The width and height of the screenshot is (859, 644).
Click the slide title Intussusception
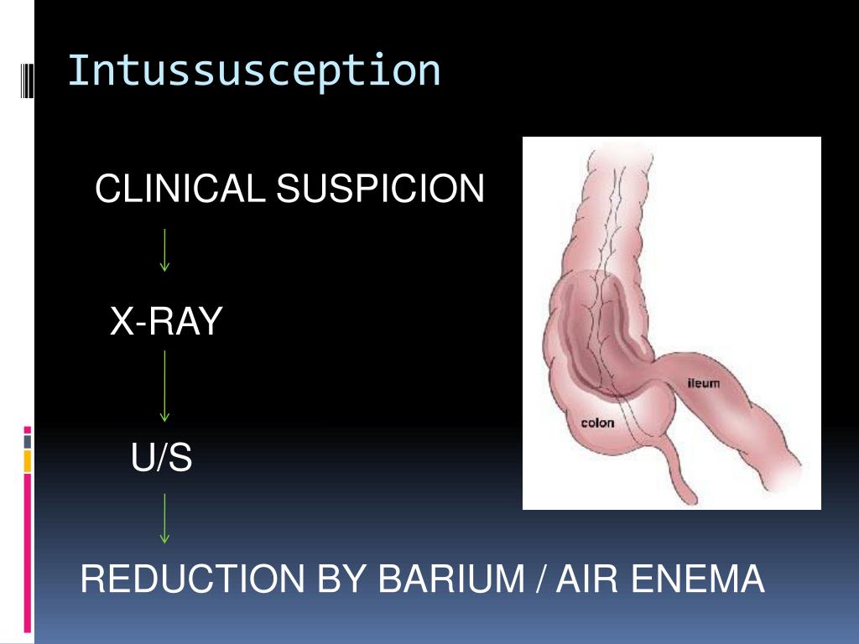pos(253,70)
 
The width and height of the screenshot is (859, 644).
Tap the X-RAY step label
pos(166,321)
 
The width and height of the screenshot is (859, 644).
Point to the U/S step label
pos(162,458)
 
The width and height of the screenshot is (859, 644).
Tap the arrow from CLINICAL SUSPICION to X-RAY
pos(165,250)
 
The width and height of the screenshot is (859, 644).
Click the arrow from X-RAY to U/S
pos(165,386)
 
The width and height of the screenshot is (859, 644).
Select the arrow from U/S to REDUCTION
pos(165,518)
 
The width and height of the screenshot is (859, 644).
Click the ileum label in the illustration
pos(703,383)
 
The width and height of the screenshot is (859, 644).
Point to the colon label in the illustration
pos(597,423)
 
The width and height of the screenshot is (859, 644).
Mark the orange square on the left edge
pos(28,460)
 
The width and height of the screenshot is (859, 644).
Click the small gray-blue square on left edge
pos(28,440)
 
